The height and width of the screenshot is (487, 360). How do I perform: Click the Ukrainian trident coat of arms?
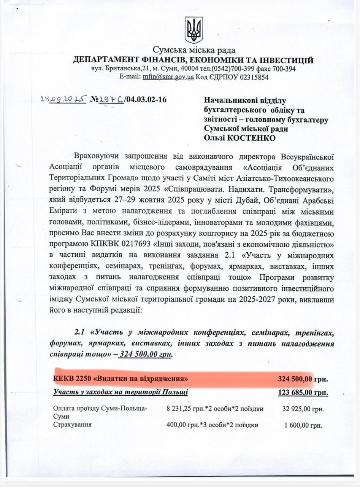tap(193, 30)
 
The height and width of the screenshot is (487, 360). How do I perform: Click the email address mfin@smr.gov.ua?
tap(168, 77)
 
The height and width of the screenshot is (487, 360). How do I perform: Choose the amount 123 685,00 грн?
tap(303, 392)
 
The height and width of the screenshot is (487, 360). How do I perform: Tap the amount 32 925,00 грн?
tap(303, 409)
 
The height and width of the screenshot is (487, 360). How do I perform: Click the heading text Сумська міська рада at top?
tap(194, 50)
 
